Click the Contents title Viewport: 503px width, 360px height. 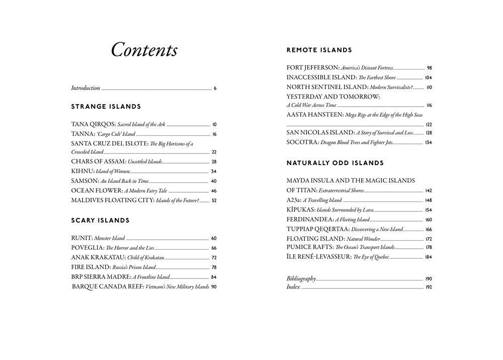pos(144,50)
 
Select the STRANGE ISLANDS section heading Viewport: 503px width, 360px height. pos(106,107)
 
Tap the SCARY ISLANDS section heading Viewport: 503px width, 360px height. pos(100,221)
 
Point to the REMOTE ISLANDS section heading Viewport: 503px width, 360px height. pos(319,50)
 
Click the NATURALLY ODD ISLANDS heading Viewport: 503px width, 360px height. pos(335,163)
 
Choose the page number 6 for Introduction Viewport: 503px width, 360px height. pos(215,89)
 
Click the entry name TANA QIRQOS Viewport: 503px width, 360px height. pos(94,124)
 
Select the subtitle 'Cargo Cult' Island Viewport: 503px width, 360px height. pos(116,134)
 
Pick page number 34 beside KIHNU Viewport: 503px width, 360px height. pos(214,172)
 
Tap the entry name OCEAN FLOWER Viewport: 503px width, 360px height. pos(97,191)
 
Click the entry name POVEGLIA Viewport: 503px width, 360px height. pos(88,248)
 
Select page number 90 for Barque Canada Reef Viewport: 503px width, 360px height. pos(214,286)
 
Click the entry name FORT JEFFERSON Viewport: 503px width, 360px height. pos(313,67)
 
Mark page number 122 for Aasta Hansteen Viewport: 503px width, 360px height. pos(429,124)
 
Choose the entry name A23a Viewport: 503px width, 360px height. pos(294,200)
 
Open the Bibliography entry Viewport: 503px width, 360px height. pos(301,278)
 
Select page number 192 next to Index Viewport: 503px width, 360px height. pos(429,287)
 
